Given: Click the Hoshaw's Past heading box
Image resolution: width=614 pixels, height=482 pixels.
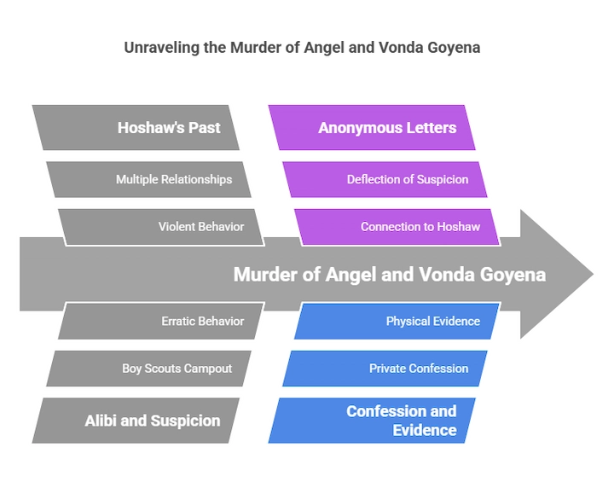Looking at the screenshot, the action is [x=136, y=127].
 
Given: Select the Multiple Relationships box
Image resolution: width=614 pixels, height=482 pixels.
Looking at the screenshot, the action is [x=148, y=179].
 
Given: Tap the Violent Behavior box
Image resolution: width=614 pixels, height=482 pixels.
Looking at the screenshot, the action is [x=161, y=227].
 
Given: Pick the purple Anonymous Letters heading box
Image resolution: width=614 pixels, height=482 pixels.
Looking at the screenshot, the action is [x=372, y=127].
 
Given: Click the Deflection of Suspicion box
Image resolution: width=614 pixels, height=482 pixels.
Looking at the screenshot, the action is [x=385, y=179].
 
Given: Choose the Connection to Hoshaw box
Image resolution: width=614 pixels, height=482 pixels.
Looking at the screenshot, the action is [x=397, y=227].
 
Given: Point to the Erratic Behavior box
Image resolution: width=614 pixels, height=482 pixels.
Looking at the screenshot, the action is [x=161, y=321].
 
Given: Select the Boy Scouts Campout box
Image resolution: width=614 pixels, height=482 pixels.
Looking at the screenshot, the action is [x=148, y=369].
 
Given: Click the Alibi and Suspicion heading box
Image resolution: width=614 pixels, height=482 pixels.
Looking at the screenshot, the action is [x=136, y=421].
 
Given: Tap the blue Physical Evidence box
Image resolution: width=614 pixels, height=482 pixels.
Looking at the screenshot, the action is [x=397, y=321].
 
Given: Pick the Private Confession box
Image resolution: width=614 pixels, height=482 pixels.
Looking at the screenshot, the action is [x=385, y=369].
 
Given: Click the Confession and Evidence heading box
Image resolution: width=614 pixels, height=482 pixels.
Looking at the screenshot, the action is [x=372, y=421].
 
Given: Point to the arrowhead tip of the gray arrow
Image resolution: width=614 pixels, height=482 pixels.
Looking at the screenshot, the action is [x=594, y=274].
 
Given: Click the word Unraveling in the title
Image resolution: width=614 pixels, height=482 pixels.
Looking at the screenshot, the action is [x=162, y=48].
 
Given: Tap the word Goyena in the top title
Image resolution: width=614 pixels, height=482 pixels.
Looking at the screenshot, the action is [x=454, y=48].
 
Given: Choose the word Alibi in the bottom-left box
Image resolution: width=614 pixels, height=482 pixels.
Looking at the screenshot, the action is [x=101, y=421].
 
